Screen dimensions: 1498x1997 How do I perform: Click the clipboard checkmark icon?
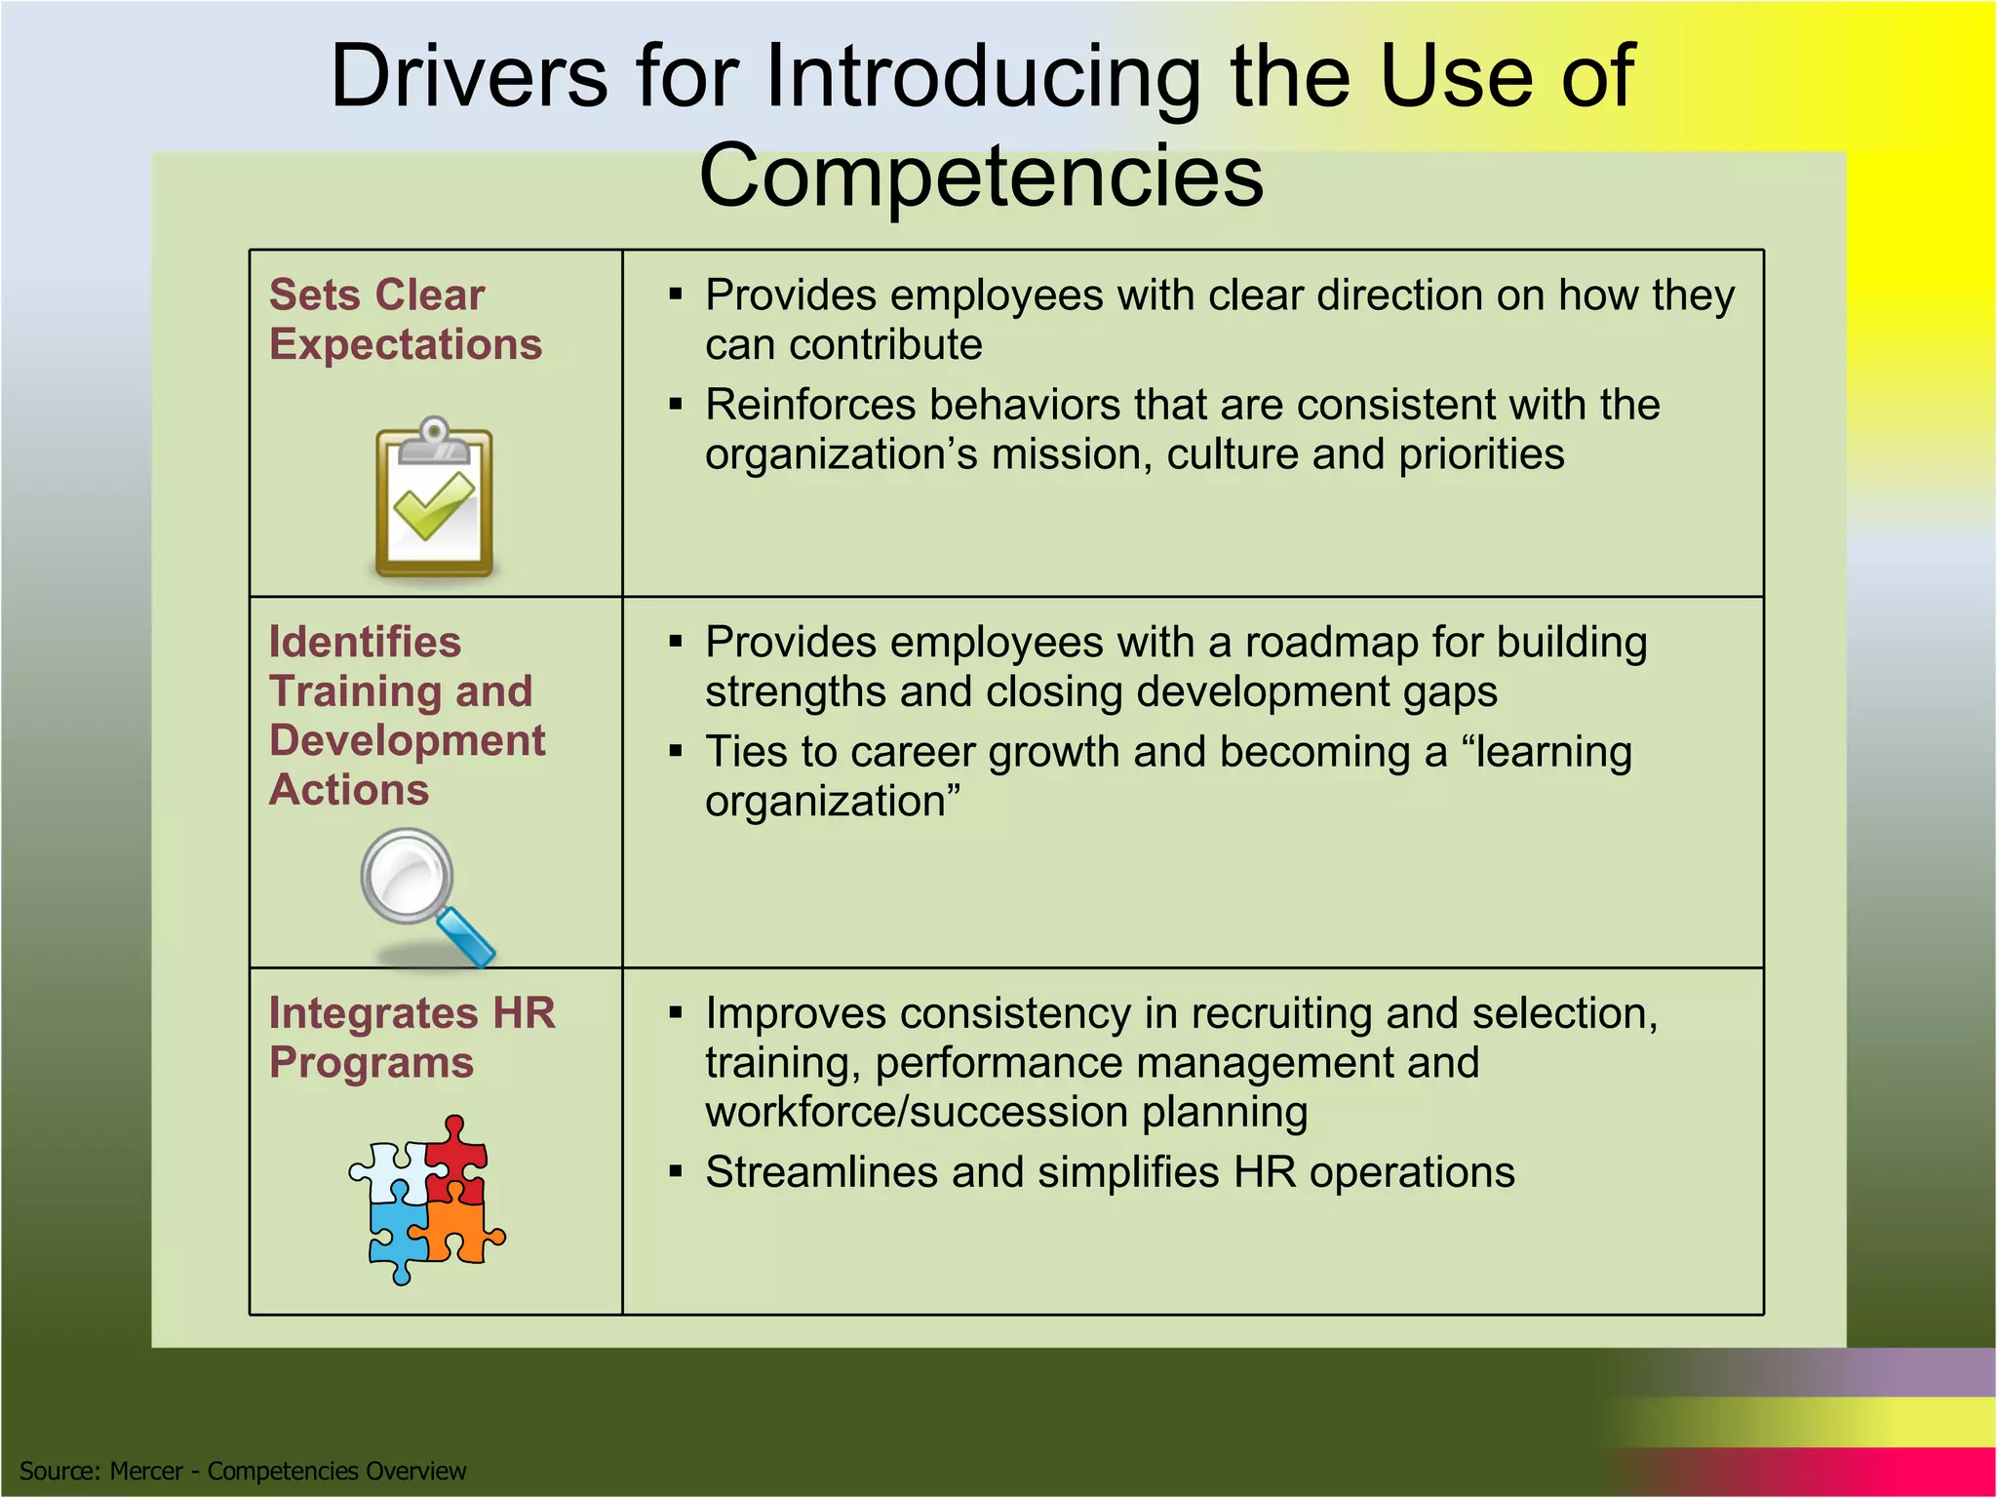434,498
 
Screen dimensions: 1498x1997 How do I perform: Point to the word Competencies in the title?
981,175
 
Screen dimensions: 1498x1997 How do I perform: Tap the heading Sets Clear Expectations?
405,320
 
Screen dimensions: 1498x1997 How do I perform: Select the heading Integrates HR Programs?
411,1038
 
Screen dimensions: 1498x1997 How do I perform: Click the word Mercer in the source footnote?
146,1471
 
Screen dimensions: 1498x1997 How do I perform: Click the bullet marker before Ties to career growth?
675,751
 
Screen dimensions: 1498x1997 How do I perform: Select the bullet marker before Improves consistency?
675,1012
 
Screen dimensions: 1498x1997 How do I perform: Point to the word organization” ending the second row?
833,802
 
